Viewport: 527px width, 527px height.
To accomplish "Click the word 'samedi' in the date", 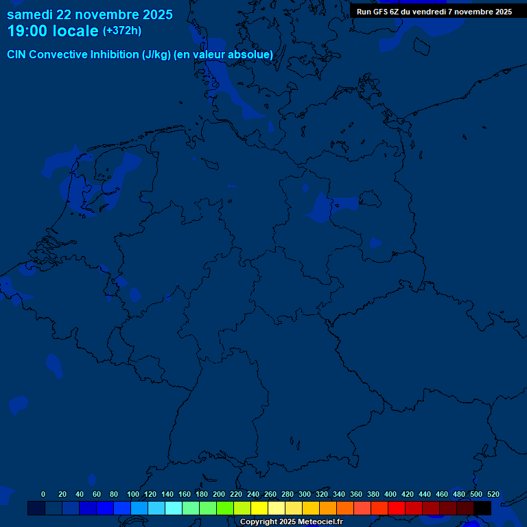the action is [32, 14].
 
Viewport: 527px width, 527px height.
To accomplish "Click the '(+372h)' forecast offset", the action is [122, 31].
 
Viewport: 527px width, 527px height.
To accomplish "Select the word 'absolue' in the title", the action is [250, 55].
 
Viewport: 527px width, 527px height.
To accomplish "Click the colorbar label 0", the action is [43, 494].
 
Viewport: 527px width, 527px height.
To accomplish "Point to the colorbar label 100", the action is [133, 494].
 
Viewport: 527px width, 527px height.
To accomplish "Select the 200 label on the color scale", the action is [219, 494].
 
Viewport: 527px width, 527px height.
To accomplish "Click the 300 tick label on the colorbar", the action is [305, 494].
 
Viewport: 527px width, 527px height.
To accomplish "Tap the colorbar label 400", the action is [390, 494].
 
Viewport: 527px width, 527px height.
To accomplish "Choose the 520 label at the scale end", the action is [493, 494].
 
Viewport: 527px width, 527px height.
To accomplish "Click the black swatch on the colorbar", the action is [482, 508].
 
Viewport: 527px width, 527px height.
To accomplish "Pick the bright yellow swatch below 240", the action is [259, 508].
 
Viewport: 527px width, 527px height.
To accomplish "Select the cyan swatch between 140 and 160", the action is [174, 508].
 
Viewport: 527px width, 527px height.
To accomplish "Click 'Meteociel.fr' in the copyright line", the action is [320, 522].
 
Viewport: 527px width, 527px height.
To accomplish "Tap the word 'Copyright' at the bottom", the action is [259, 522].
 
